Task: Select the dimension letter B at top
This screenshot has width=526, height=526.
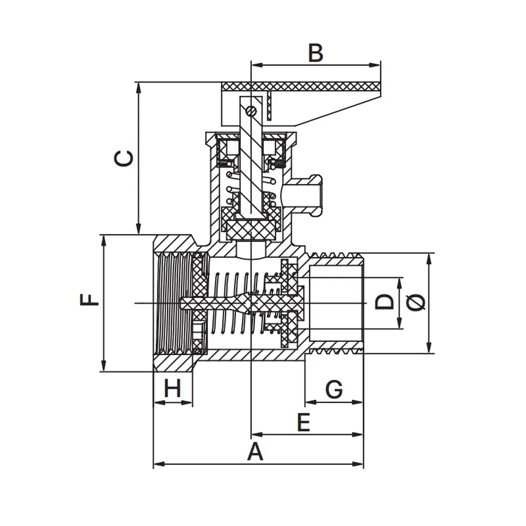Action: [315, 53]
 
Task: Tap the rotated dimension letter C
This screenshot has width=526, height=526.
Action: [124, 158]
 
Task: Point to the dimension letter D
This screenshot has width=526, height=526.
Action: [385, 301]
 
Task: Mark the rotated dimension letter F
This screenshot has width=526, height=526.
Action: [89, 300]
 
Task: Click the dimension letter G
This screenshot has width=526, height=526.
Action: [334, 389]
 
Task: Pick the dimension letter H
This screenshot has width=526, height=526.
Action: [173, 388]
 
